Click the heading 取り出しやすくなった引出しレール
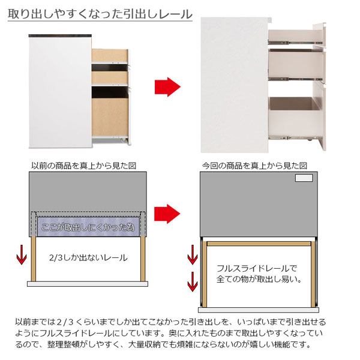(100, 13)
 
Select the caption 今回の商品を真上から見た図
(254, 165)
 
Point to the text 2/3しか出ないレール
(88, 258)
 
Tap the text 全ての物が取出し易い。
(259, 280)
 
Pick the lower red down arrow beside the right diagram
(193, 280)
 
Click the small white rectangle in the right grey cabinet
(304, 179)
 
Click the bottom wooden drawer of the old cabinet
(109, 114)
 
